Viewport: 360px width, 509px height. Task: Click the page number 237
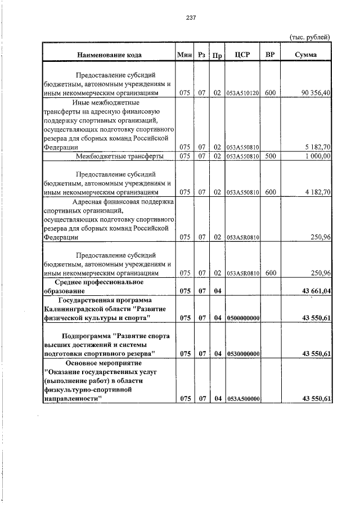(x=190, y=17)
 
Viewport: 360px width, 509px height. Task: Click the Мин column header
(x=184, y=55)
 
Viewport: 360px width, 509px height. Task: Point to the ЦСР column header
(x=242, y=55)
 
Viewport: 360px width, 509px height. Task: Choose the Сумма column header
(x=305, y=55)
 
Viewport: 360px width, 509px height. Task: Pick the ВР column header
(x=269, y=55)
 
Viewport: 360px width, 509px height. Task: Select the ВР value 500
(x=270, y=156)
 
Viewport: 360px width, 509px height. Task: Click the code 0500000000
(x=242, y=318)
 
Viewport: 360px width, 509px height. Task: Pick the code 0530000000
(x=242, y=353)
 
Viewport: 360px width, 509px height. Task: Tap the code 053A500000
(x=242, y=399)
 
